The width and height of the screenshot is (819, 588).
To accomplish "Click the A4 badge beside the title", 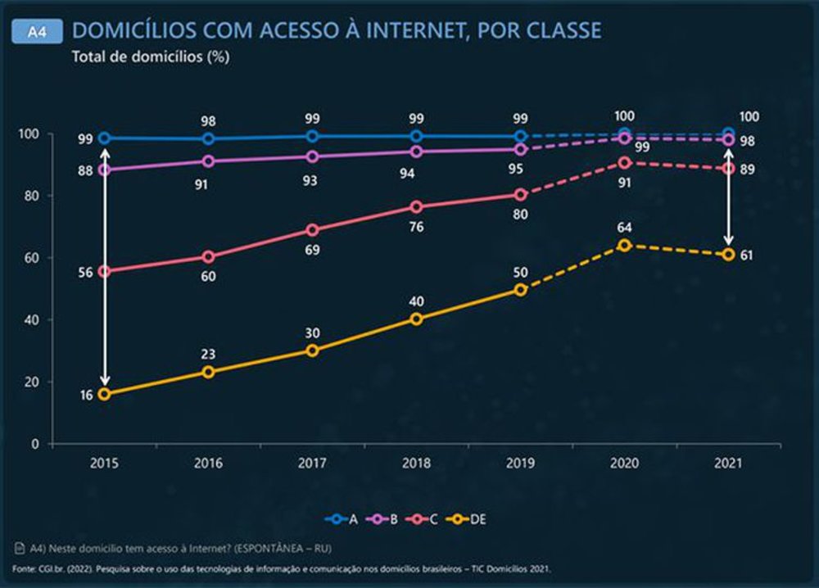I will coord(38,31).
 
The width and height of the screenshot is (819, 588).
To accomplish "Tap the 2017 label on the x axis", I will coord(312,463).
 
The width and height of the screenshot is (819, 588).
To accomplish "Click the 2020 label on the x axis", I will coord(624,463).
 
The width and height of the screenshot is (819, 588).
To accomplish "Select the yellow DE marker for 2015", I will coord(104,394).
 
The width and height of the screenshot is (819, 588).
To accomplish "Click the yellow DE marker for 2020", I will coord(624,245).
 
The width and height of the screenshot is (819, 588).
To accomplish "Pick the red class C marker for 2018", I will coord(416,207).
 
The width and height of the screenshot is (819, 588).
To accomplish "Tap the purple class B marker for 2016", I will coord(208,161).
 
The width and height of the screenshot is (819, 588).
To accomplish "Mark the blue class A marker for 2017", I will coord(312,136).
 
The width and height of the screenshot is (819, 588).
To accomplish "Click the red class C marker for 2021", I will coord(728,169).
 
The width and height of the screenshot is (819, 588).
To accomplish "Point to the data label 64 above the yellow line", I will coord(624,228).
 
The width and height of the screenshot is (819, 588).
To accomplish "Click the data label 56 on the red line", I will coord(84,273).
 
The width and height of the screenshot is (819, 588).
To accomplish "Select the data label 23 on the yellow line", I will coord(208,355).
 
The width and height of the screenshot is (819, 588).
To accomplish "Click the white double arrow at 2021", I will coord(728,197).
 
